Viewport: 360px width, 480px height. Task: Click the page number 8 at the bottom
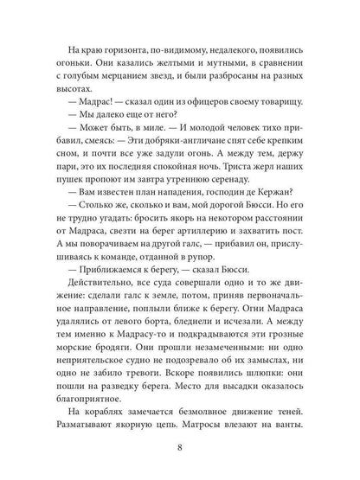179,448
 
